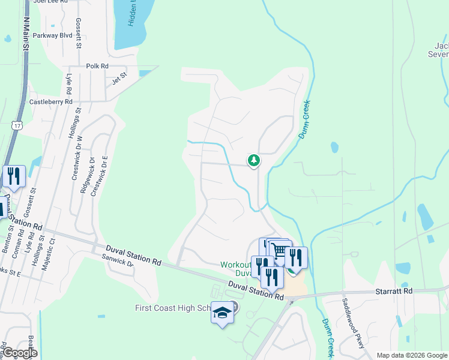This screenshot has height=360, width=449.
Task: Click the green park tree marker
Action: click(x=254, y=160)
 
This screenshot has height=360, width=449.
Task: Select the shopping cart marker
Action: click(x=280, y=251)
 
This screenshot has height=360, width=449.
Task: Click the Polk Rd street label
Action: click(x=97, y=66)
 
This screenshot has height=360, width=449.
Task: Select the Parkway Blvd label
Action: click(x=53, y=35)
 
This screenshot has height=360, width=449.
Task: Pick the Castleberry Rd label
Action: click(x=50, y=102)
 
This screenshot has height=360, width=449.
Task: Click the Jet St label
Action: click(x=120, y=77)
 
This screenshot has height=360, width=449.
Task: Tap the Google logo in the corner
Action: click(x=19, y=353)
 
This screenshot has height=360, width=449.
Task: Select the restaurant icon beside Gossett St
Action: click(x=13, y=176)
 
